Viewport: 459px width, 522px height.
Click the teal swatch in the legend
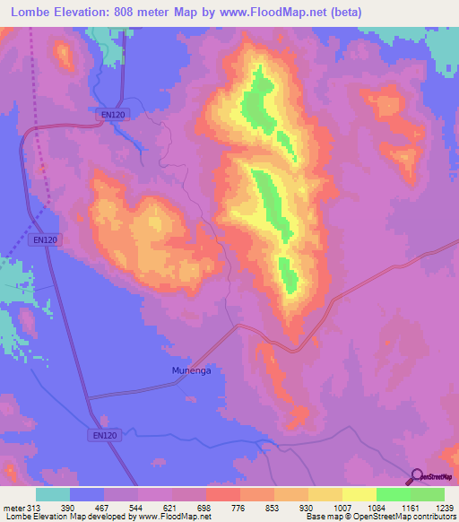tap(53, 494)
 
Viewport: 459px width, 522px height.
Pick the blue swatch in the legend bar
tap(87, 494)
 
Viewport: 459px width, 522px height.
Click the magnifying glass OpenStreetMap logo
tap(416, 477)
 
